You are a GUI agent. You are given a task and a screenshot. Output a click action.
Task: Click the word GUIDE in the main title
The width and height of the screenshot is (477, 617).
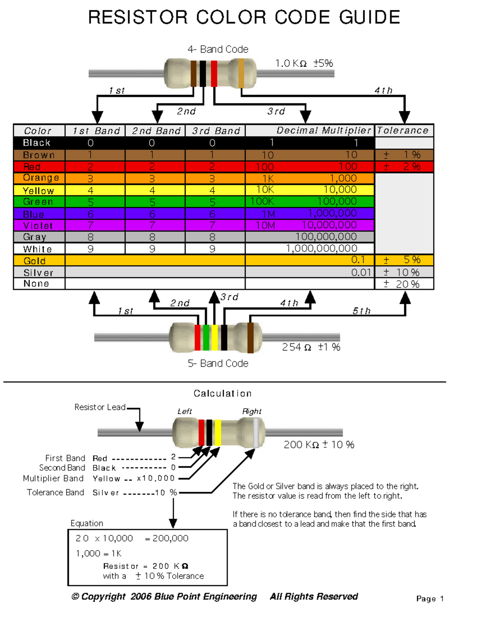coord(369,17)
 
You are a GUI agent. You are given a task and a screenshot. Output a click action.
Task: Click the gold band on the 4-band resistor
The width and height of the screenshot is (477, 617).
coord(241,73)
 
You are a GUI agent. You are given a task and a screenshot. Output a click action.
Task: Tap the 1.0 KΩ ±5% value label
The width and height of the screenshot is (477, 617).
coord(304,63)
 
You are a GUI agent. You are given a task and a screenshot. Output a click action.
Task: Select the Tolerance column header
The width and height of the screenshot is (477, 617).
coord(403,130)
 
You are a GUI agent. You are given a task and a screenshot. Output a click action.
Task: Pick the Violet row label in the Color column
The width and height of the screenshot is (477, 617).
coord(38,226)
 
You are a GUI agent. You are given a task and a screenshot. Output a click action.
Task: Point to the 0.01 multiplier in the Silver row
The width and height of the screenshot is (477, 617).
coord(361,272)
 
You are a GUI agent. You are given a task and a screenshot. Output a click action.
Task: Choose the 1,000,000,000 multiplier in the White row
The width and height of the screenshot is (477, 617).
coord(321,249)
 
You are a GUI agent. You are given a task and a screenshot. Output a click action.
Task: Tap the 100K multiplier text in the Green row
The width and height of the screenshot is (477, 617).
coord(262,201)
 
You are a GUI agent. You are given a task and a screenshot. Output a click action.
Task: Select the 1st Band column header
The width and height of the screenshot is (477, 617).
coord(95,131)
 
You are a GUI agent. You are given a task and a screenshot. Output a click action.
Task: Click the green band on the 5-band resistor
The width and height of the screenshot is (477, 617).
coord(206,338)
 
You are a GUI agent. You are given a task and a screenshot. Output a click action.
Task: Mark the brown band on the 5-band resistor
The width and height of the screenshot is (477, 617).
coord(250,338)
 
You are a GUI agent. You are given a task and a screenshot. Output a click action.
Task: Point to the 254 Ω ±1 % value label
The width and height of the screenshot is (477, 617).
coord(311,347)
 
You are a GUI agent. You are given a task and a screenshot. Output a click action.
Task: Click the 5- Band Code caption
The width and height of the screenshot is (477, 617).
coord(218,364)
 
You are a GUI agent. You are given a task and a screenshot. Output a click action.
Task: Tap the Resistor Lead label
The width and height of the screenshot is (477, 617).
coord(100,407)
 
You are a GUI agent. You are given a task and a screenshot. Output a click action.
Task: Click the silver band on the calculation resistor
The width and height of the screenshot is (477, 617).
coord(256,433)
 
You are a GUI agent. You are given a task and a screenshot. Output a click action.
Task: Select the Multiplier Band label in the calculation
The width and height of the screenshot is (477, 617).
coord(53,478)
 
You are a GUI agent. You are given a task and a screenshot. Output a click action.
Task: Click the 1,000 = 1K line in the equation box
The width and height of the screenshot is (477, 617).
coord(99,553)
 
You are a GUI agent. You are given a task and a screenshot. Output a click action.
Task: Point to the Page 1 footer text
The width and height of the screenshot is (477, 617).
coord(430,599)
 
